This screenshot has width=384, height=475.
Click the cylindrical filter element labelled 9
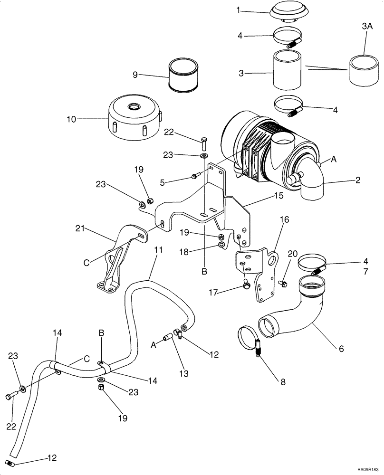[183, 76]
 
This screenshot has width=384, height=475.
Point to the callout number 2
[357, 180]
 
